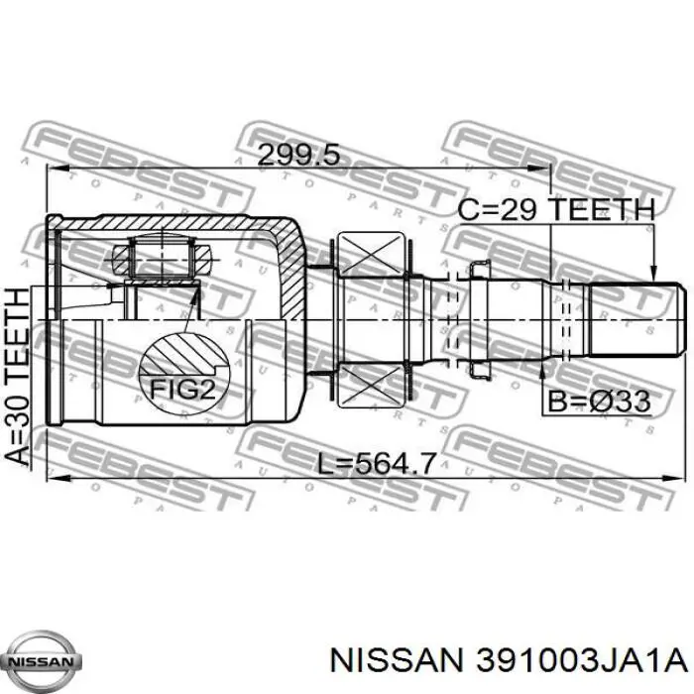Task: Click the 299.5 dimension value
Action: [298, 156]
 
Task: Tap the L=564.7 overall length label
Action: [375, 463]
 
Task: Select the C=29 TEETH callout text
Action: [556, 209]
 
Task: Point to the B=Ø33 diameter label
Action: [599, 402]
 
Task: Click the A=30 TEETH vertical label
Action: [19, 376]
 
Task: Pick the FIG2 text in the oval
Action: [182, 390]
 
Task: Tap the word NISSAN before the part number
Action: [397, 661]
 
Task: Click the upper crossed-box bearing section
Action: [372, 254]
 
